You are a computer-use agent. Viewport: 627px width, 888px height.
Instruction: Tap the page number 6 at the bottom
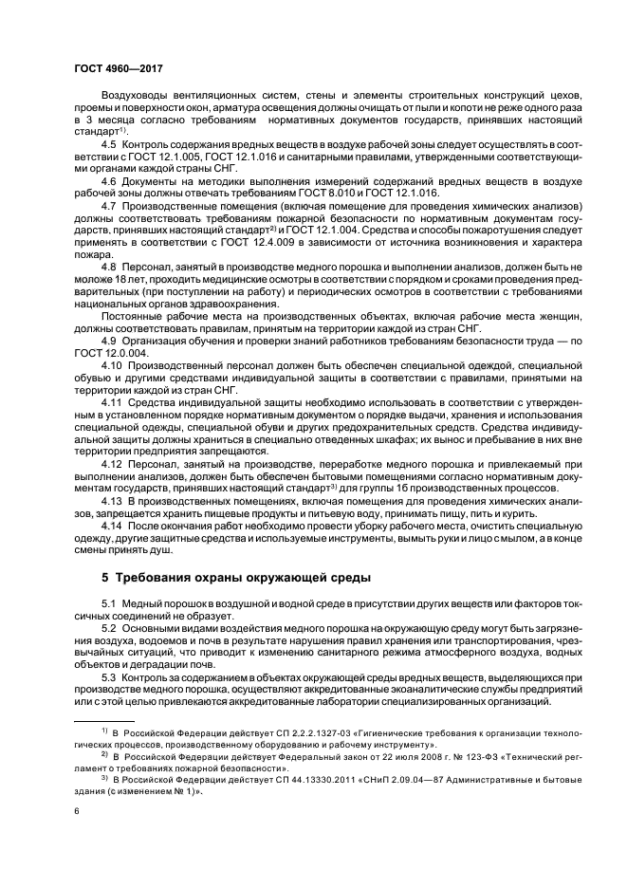click(76, 810)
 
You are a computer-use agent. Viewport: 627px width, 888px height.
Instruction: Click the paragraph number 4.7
click(110, 206)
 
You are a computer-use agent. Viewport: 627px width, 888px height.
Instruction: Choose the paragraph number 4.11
click(113, 402)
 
